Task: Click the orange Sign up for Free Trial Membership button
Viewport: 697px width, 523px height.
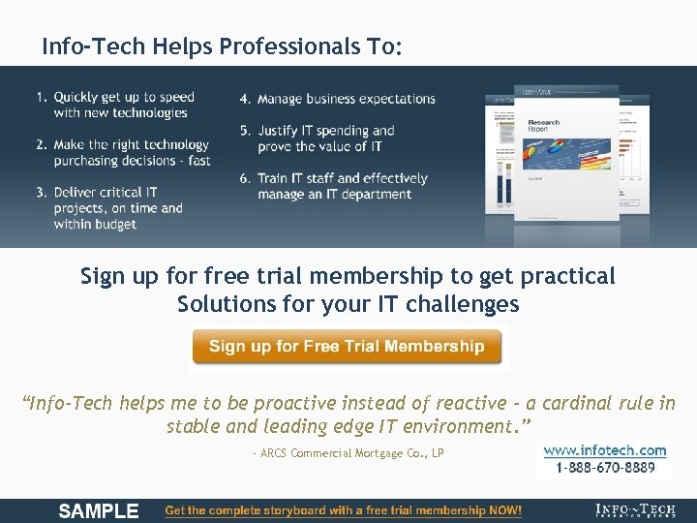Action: (347, 347)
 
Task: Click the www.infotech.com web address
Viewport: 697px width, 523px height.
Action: (605, 450)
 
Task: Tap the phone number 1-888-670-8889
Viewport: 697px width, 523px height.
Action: (605, 468)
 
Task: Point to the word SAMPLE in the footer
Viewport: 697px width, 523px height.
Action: (99, 510)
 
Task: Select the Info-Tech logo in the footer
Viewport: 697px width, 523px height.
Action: (635, 510)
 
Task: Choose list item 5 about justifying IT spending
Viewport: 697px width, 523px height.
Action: (325, 138)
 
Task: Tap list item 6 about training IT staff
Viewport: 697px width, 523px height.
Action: (342, 186)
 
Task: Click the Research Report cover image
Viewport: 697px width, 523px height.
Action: (552, 160)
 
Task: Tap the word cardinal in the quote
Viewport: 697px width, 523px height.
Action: (572, 403)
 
